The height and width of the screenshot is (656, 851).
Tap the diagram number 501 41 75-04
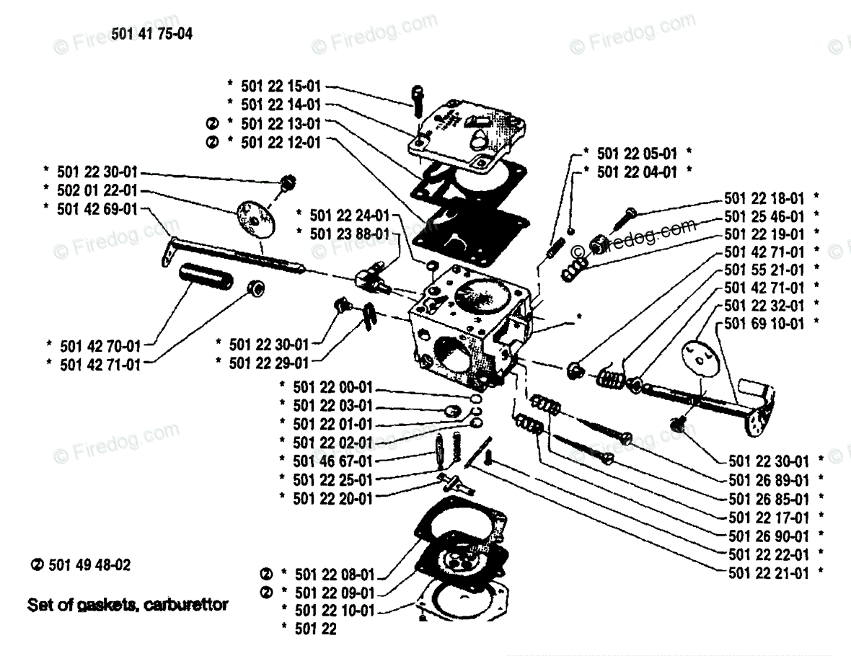click(x=152, y=34)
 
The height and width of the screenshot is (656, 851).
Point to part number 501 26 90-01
click(x=769, y=536)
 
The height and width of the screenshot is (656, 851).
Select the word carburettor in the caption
click(x=186, y=604)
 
